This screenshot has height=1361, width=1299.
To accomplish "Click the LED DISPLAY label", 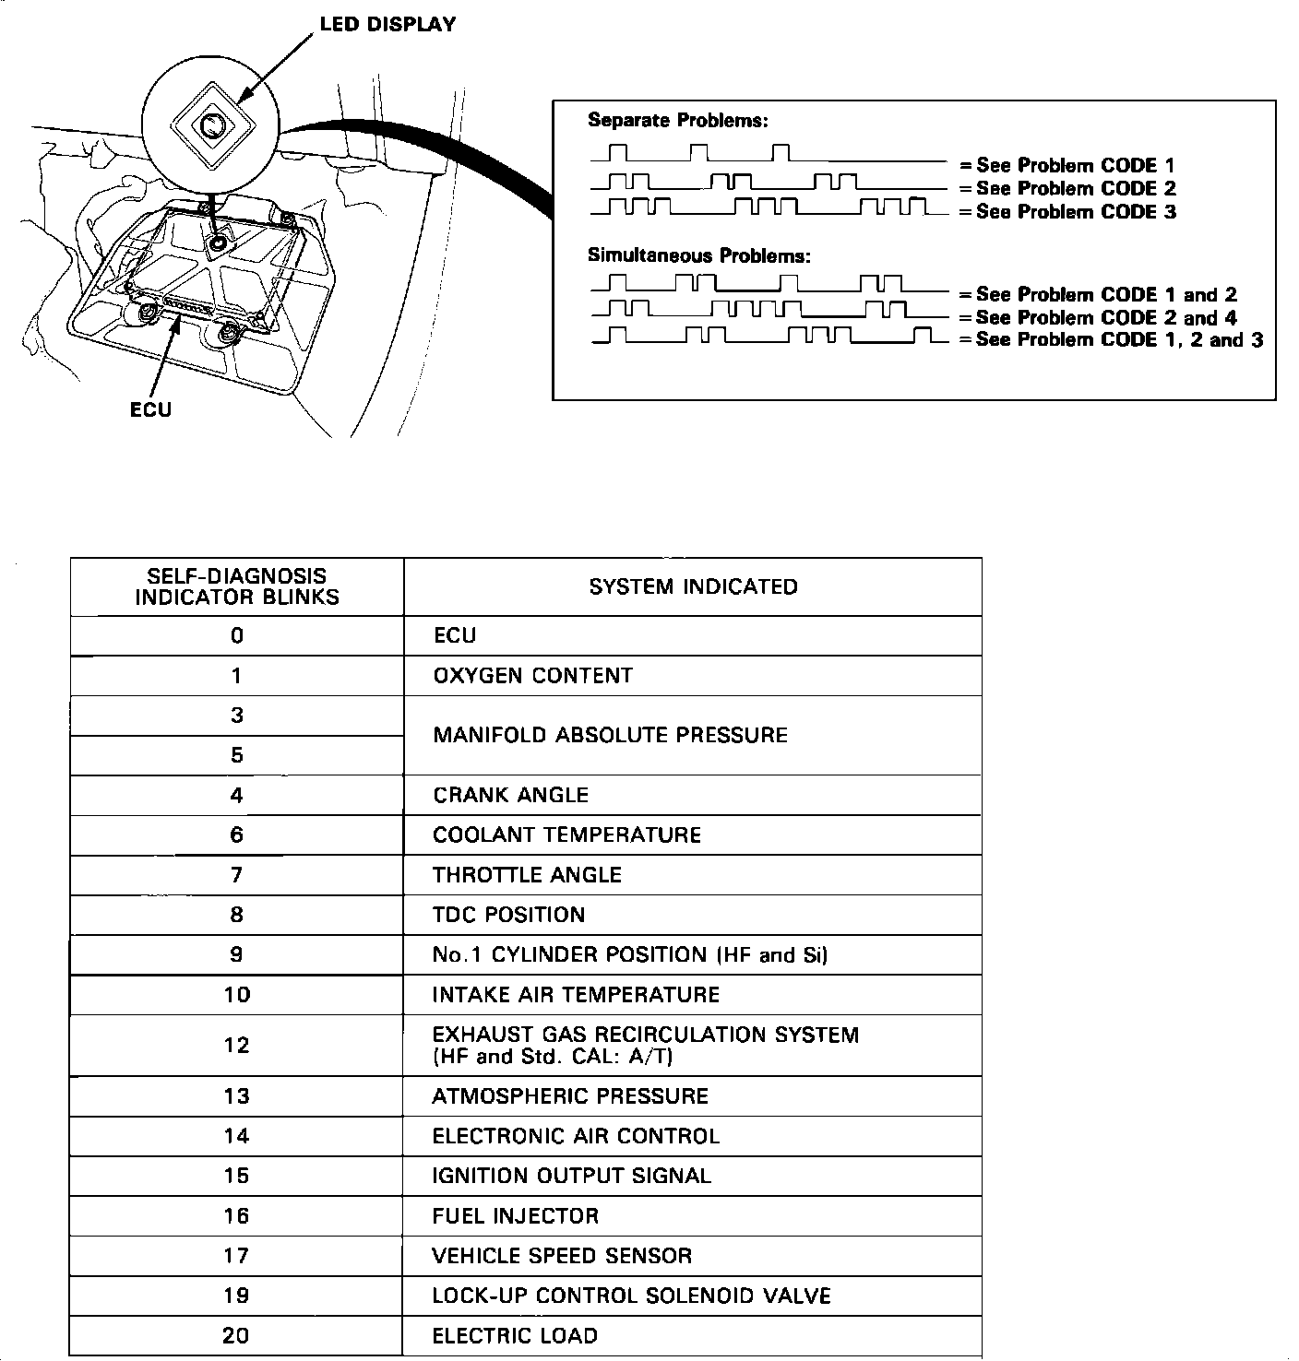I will pyautogui.click(x=387, y=24).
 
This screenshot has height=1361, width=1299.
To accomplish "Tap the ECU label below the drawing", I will pyautogui.click(x=150, y=409).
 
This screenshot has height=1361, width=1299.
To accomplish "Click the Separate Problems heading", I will pyautogui.click(x=678, y=120).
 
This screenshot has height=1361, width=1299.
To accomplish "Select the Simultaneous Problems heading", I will pyautogui.click(x=699, y=255).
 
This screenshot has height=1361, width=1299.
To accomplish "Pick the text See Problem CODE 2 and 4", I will pyautogui.click(x=1106, y=318).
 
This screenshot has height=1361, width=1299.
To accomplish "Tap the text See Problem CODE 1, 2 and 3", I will pyautogui.click(x=1119, y=340).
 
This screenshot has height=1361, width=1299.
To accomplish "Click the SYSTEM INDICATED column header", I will pyautogui.click(x=693, y=586).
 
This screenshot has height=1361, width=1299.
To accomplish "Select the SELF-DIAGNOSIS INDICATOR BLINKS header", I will pyautogui.click(x=237, y=586).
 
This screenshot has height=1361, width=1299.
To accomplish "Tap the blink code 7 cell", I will pyautogui.click(x=237, y=875).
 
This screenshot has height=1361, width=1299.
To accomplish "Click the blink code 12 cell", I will pyautogui.click(x=237, y=1045).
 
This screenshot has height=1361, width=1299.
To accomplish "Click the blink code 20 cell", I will pyautogui.click(x=237, y=1336).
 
